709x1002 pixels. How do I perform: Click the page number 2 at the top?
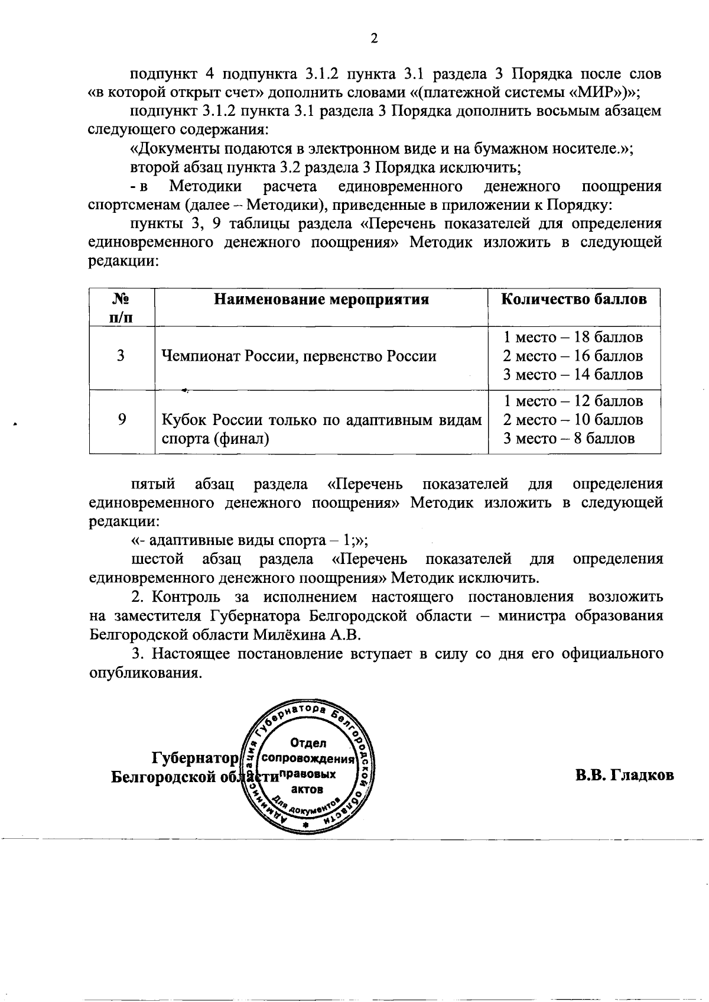[373, 39]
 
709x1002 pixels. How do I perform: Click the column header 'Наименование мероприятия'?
[321, 299]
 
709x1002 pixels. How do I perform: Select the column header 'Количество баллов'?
[574, 299]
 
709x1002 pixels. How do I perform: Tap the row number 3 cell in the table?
[121, 356]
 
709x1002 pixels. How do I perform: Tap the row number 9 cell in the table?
[121, 420]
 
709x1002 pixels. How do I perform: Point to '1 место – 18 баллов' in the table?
[573, 338]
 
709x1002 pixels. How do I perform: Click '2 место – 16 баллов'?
[573, 356]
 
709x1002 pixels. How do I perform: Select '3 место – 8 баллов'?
[568, 438]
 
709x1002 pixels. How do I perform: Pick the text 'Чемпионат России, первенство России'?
[299, 356]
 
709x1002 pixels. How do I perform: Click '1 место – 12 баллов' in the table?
[573, 401]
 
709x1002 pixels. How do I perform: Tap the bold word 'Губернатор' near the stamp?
[195, 758]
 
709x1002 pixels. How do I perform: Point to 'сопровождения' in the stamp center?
[308, 758]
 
